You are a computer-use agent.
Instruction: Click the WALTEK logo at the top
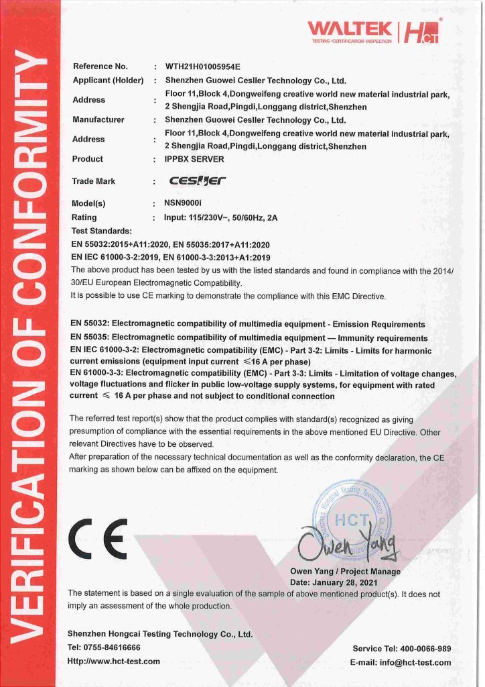[x=350, y=29]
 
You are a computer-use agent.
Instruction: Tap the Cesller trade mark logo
[x=198, y=180]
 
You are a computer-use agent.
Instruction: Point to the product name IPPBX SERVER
[x=194, y=159]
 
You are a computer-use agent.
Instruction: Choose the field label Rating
[x=84, y=217]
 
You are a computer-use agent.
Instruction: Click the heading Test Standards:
[x=101, y=231]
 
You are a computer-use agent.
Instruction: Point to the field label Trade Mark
[x=93, y=181]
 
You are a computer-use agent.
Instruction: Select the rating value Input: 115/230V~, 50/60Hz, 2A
[x=220, y=217]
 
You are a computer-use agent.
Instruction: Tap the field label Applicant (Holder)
[x=108, y=81]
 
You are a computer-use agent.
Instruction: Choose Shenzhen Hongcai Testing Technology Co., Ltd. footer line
[x=160, y=634]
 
